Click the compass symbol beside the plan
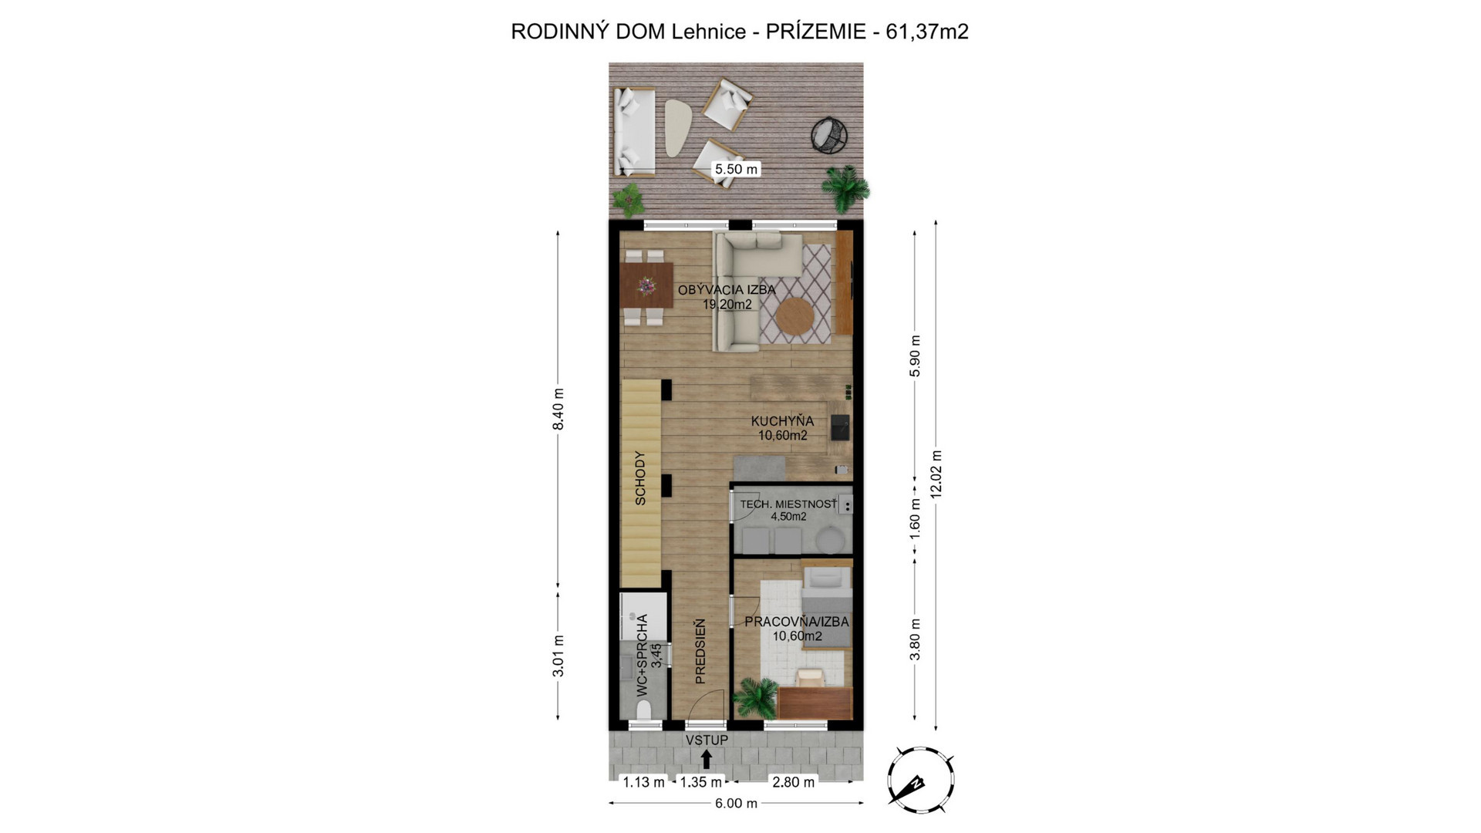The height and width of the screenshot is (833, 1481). [x=920, y=780]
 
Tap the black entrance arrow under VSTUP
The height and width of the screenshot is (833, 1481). [x=707, y=758]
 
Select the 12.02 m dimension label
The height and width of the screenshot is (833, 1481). [x=936, y=474]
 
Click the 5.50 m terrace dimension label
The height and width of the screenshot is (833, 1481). [x=736, y=169]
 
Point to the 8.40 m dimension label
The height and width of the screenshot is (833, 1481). [x=558, y=410]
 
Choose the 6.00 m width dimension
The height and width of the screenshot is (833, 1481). [x=736, y=803]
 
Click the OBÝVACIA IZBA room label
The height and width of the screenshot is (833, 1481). [x=727, y=290]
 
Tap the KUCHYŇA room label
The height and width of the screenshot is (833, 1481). [x=782, y=421]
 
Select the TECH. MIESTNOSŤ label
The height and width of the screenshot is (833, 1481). [x=788, y=504]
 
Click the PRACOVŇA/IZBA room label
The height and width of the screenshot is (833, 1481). [x=797, y=622]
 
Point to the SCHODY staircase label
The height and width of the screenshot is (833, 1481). [x=640, y=478]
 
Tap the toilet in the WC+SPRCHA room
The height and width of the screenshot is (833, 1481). [x=643, y=709]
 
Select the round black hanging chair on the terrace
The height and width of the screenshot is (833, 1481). [x=829, y=137]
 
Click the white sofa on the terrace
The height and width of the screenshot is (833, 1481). [x=634, y=132]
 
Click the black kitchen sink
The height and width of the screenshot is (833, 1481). [x=839, y=426]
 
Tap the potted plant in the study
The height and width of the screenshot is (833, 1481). [x=755, y=697]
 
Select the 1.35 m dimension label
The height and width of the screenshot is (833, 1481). [x=700, y=782]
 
